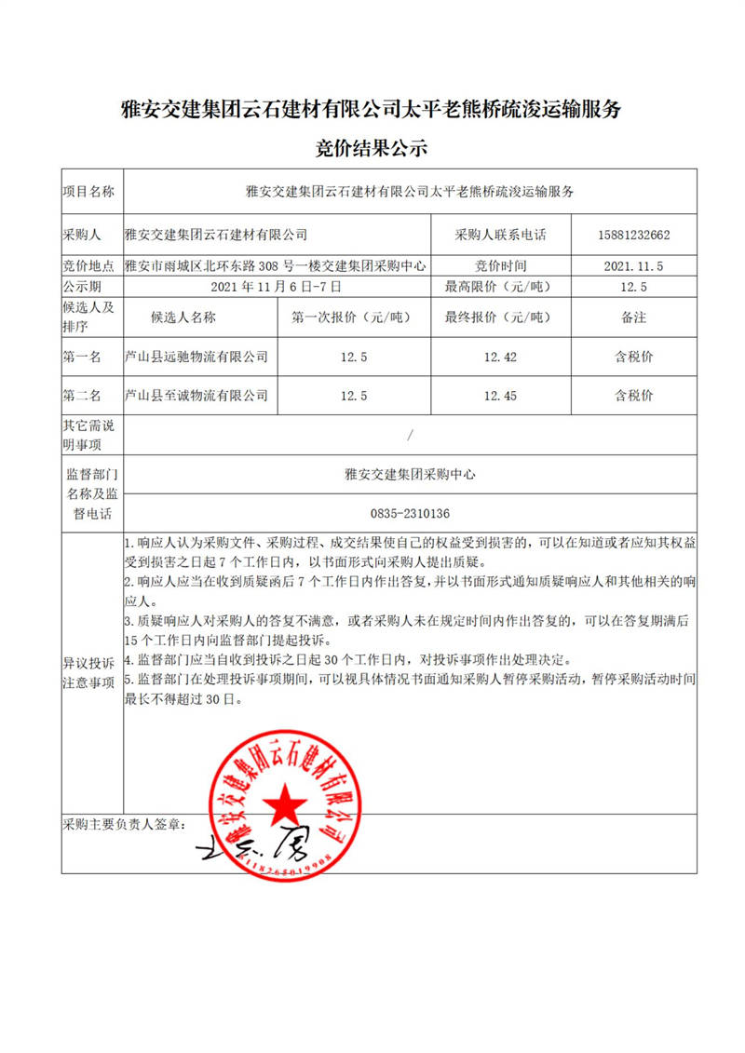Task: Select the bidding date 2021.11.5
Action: (x=633, y=265)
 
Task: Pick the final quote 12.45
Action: (x=500, y=396)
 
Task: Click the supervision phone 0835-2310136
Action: (x=410, y=513)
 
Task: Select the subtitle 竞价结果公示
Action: (x=372, y=147)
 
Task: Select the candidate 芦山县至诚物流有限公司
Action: (x=196, y=396)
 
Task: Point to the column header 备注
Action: (x=633, y=317)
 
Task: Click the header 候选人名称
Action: (x=183, y=317)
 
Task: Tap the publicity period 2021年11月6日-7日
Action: (x=278, y=286)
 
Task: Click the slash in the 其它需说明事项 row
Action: (x=410, y=435)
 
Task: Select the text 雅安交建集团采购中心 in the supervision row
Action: (x=410, y=474)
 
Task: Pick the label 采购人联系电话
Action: (x=500, y=235)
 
